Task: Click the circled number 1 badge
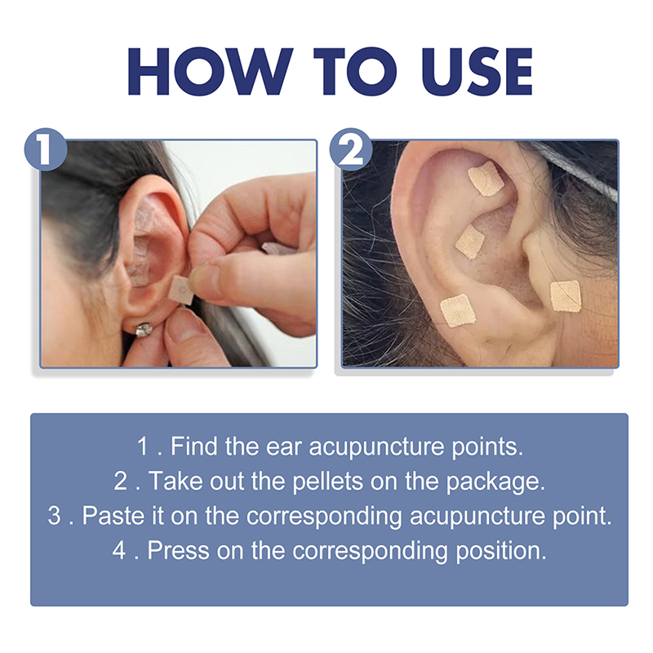tap(46, 149)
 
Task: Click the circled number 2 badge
tap(351, 149)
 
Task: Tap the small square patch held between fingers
tap(182, 290)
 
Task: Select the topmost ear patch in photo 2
tap(486, 179)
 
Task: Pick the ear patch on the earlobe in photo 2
tap(458, 310)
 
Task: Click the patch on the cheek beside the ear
tap(566, 296)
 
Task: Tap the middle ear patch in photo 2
tap(470, 242)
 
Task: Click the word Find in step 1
tap(194, 446)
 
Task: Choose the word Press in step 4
tap(178, 550)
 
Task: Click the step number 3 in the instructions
tap(54, 516)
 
